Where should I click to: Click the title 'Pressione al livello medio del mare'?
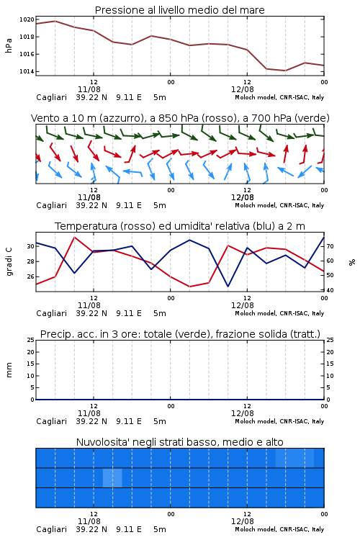179,10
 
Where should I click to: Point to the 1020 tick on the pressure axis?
27,19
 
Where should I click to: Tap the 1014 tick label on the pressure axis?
27,71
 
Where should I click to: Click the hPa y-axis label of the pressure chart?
9,45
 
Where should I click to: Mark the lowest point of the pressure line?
285,71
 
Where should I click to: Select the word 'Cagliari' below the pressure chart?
51,97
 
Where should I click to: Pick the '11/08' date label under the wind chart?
89,197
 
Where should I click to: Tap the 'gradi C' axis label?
9,262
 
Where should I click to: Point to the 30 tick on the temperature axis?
31,246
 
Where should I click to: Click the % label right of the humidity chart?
352,262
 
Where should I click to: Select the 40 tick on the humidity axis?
330,290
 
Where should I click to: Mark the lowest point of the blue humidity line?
228,286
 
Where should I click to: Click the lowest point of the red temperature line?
189,287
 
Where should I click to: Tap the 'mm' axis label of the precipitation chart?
9,370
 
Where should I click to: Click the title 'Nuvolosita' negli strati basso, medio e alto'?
179,442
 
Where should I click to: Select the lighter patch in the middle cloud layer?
112,478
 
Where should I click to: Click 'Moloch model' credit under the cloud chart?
256,529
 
